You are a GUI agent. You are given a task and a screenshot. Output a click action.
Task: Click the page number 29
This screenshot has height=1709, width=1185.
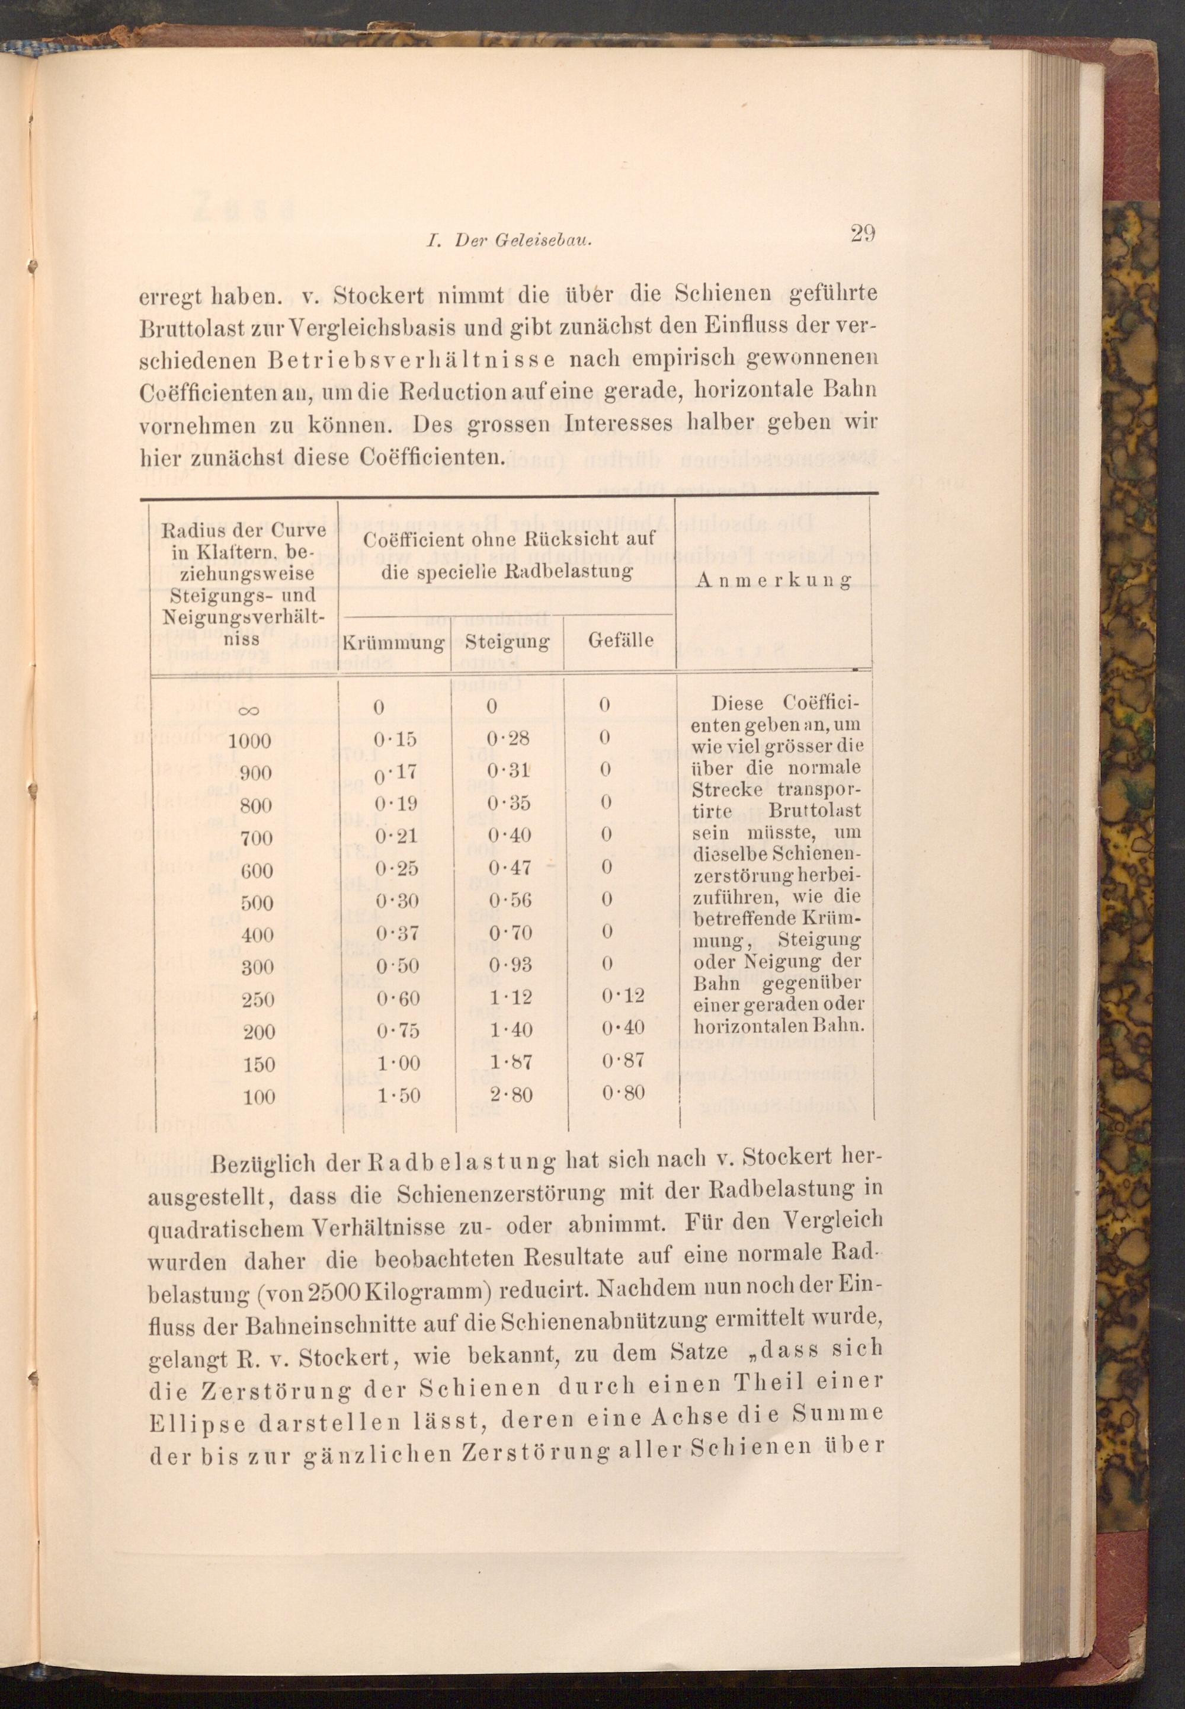863,235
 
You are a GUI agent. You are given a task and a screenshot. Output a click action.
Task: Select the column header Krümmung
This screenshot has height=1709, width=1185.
393,642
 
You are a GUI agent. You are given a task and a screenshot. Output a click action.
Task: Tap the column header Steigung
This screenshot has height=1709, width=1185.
508,641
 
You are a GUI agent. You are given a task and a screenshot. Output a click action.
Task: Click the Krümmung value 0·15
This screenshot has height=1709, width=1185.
395,740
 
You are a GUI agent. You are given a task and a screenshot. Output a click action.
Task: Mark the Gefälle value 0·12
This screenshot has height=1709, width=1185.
623,996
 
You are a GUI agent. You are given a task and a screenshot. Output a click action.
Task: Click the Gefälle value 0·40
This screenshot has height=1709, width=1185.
623,1028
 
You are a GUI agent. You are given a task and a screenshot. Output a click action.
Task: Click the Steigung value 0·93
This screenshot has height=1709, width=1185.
510,965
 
